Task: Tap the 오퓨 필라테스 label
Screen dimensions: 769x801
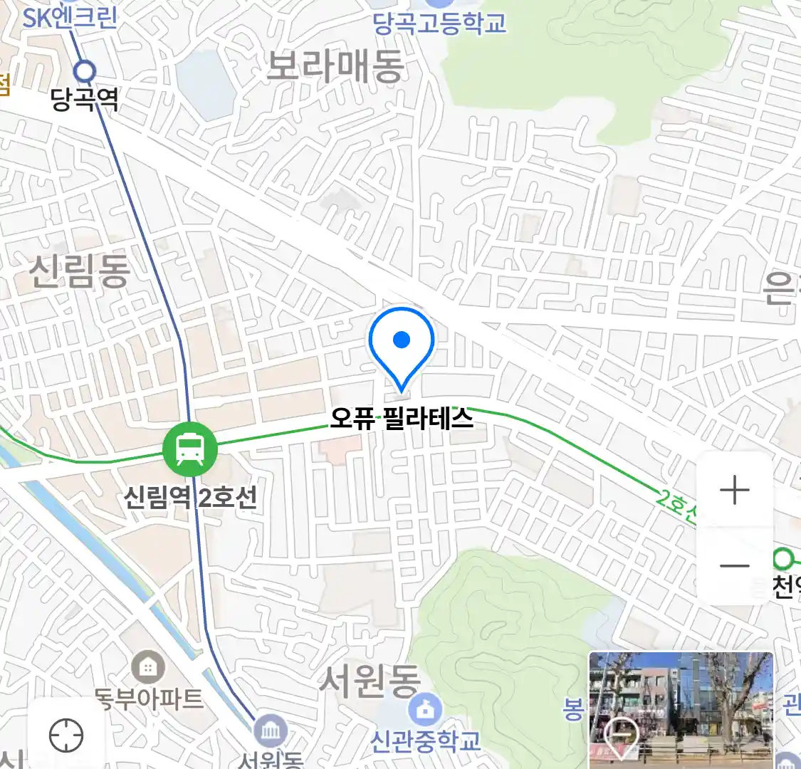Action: click(402, 418)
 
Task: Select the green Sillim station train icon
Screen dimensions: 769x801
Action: click(189, 449)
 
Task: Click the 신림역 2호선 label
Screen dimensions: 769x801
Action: click(190, 496)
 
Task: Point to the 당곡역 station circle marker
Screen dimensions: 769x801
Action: click(85, 71)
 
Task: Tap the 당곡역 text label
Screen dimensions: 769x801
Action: click(85, 99)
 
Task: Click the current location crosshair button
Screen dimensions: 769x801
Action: click(66, 735)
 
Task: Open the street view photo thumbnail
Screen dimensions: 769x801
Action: click(681, 710)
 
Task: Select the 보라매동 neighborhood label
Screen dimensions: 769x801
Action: click(335, 66)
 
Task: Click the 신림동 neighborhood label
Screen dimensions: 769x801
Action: click(80, 271)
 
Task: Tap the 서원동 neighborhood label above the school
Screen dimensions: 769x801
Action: click(370, 681)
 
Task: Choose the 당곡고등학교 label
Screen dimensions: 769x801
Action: click(440, 23)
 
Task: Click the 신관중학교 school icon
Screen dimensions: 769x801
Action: click(426, 710)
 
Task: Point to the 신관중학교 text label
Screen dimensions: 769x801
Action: click(426, 741)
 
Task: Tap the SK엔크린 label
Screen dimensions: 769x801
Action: click(70, 17)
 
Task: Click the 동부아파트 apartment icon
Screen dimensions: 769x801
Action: click(148, 668)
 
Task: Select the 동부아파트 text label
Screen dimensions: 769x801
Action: click(150, 699)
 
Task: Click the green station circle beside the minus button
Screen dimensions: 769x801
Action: click(784, 556)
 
